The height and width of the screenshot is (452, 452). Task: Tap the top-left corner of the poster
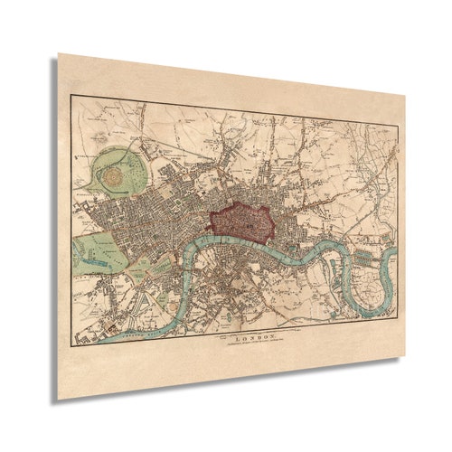pos(60,54)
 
